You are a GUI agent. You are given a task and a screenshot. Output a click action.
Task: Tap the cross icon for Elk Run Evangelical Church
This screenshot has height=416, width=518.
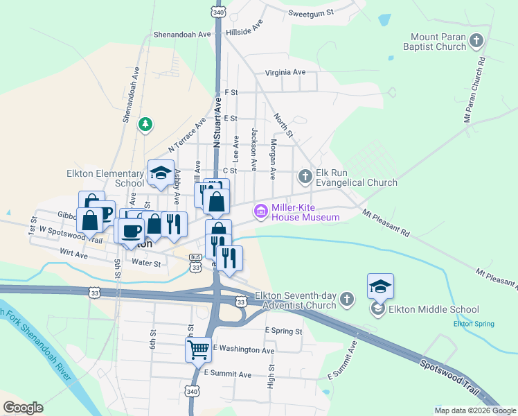[305, 177]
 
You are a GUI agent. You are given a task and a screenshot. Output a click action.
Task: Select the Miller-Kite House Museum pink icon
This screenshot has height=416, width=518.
[261, 211]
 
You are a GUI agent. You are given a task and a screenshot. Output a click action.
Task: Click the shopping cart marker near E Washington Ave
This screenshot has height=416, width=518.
[198, 349]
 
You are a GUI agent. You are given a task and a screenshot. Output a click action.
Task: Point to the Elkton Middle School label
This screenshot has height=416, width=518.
[434, 310]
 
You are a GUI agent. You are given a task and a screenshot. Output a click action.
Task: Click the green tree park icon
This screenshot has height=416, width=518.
[145, 125]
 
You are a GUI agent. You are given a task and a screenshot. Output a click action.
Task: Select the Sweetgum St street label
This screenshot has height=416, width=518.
[311, 12]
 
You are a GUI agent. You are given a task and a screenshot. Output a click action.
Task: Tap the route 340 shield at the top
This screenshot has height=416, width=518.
[219, 12]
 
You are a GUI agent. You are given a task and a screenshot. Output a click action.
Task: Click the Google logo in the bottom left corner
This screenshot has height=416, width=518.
[23, 408]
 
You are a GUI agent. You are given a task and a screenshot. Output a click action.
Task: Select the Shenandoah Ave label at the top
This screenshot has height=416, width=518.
[181, 33]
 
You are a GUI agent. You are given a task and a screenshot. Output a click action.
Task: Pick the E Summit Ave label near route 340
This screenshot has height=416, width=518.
[227, 374]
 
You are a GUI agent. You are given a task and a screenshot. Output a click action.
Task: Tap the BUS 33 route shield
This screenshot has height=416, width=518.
[196, 262]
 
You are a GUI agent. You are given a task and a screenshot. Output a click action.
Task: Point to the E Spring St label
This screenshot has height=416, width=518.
[284, 331]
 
